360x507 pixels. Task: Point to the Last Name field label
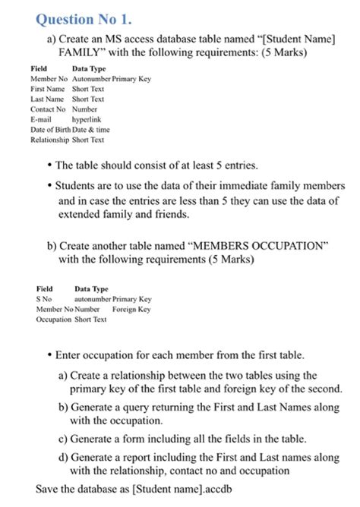[x=47, y=99]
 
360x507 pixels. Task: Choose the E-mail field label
[x=41, y=120]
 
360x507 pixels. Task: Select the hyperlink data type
[x=87, y=120]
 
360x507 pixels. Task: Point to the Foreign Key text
[x=131, y=310]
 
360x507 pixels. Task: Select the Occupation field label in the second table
[x=53, y=320]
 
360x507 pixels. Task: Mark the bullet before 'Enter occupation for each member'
[x=49, y=355]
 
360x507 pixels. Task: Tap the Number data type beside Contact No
[x=86, y=109]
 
